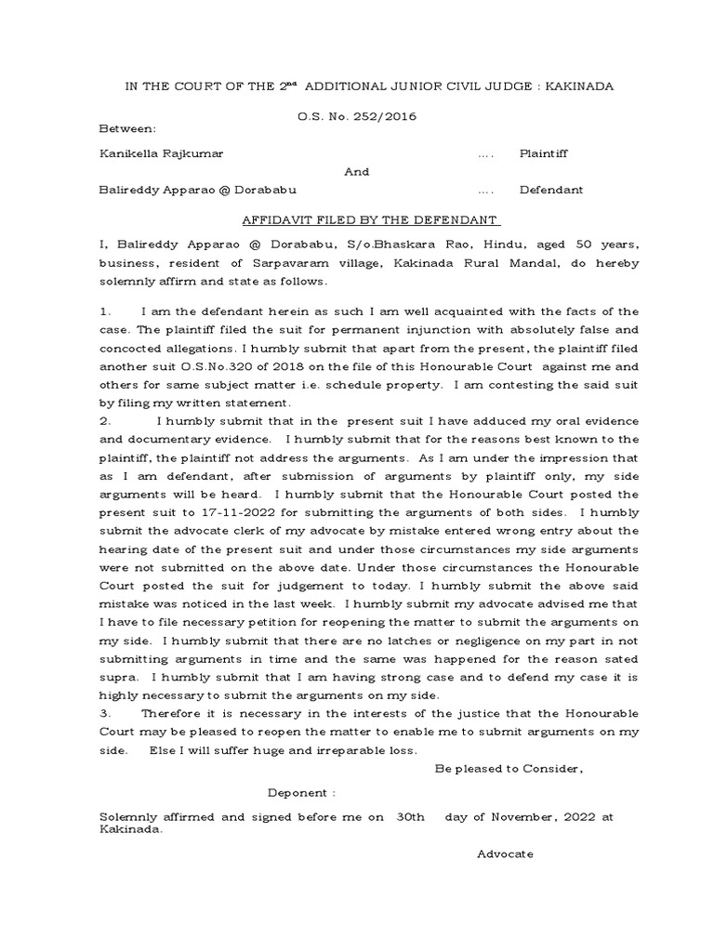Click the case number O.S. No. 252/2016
click(357, 116)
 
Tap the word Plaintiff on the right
click(543, 152)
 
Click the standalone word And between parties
click(357, 171)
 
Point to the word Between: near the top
click(128, 127)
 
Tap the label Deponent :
click(301, 793)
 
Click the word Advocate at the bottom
click(505, 853)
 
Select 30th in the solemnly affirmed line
click(411, 816)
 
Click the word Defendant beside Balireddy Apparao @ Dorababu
click(550, 190)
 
